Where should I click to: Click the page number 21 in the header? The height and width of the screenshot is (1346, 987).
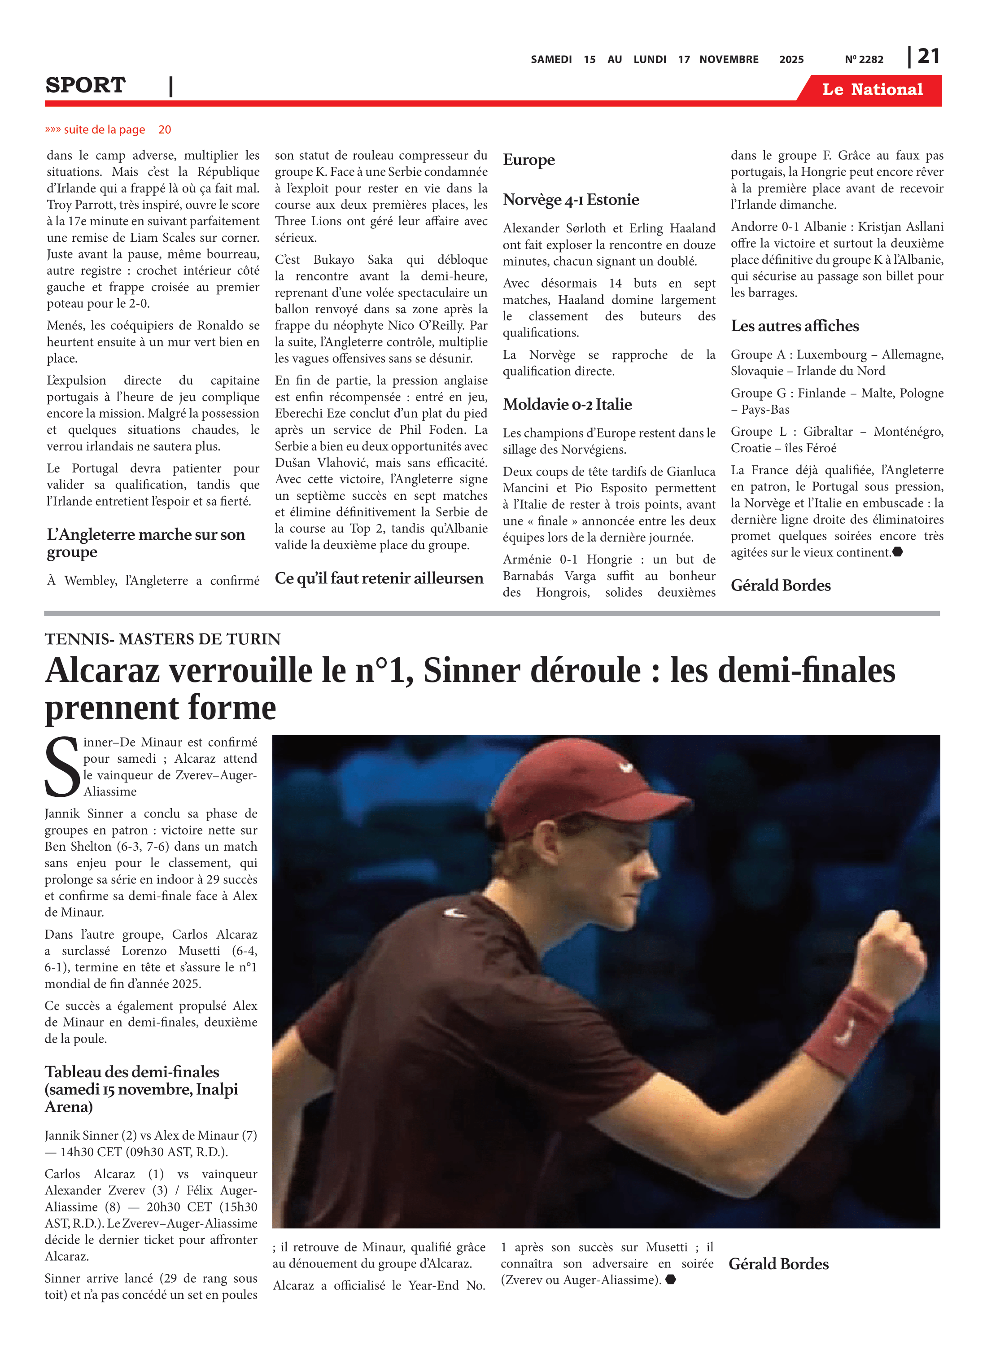(928, 56)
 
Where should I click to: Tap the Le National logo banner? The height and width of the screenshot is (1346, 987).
(872, 90)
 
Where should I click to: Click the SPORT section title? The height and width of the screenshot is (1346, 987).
(85, 85)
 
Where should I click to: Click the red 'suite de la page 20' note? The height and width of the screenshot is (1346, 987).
(108, 130)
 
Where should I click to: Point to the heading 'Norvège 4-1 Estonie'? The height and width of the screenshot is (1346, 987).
(571, 200)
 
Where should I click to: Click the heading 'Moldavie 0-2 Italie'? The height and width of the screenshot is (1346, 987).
(567, 404)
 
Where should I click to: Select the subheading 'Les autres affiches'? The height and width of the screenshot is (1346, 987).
(795, 326)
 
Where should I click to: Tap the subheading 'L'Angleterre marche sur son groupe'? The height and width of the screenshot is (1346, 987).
(146, 543)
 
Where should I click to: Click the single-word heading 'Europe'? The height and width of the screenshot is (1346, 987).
(529, 160)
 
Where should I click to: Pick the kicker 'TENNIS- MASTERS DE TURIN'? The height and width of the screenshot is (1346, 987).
(162, 639)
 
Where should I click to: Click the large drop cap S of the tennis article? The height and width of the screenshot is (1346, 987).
(61, 768)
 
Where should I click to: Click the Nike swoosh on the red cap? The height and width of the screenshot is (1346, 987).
(625, 768)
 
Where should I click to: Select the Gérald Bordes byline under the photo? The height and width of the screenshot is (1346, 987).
(778, 1264)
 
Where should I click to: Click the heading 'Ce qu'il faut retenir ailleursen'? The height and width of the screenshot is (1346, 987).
(379, 578)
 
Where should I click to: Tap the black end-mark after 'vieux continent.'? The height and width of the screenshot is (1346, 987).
(897, 552)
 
